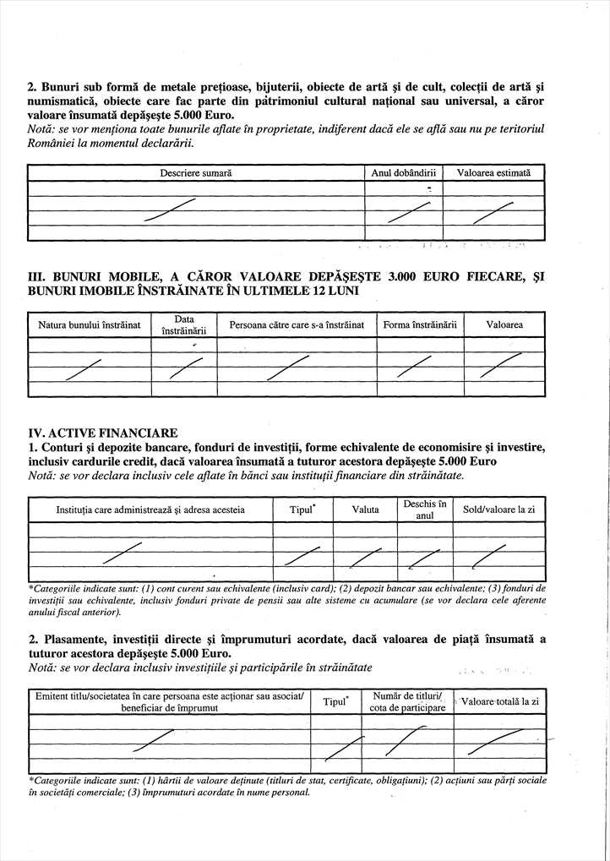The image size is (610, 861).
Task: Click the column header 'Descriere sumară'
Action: point(196,172)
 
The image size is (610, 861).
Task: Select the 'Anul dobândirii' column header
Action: point(403,172)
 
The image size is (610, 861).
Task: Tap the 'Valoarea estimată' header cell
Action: point(493,172)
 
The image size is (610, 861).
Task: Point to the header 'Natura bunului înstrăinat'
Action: point(90,324)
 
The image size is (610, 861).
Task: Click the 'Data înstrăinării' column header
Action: point(184,324)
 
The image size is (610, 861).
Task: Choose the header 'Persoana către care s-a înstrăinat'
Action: point(297,324)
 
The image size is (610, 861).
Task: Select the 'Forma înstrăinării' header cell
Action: point(419,324)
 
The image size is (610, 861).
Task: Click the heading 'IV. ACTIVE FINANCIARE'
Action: point(103,433)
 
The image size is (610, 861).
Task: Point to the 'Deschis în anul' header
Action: point(424,510)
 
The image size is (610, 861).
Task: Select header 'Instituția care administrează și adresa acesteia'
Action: point(150,510)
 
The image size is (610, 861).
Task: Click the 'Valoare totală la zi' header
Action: point(501,701)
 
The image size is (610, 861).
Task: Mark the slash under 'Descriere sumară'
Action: point(170,210)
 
